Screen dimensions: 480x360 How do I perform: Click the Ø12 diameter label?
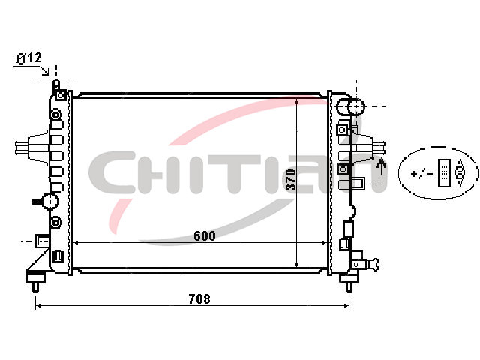[x=29, y=58]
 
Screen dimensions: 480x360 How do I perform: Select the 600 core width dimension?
[x=205, y=235]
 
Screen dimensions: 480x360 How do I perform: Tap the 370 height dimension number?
[x=291, y=180]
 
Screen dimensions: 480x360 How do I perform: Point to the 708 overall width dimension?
[x=199, y=298]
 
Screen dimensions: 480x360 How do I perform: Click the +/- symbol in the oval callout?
[x=421, y=174]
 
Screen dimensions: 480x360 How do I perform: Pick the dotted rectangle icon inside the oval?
[x=444, y=172]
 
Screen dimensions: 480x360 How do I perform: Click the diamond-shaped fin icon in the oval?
[x=460, y=172]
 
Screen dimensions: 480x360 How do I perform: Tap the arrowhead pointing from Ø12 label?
[x=46, y=72]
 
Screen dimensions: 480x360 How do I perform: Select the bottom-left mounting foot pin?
[x=35, y=286]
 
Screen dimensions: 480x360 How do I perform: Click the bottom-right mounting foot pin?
[x=349, y=286]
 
